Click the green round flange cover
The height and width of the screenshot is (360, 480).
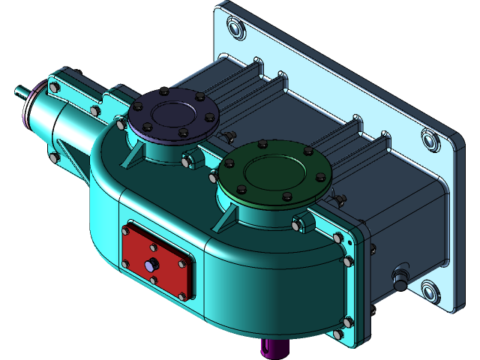click(274, 174)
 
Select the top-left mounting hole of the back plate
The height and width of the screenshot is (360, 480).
click(234, 30)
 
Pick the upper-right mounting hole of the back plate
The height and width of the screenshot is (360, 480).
click(431, 140)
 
